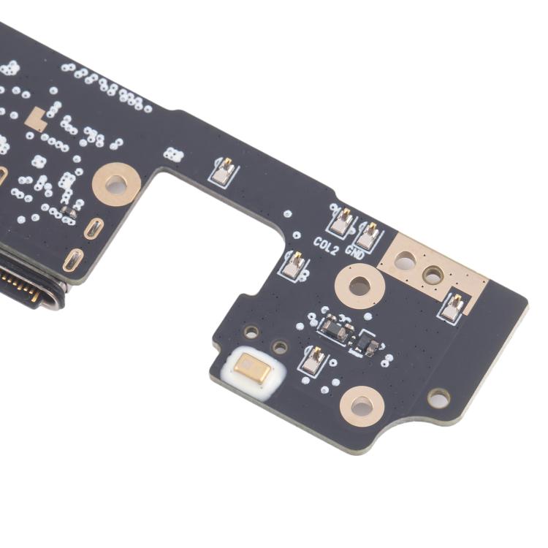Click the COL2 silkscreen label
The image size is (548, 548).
pyautogui.click(x=326, y=246)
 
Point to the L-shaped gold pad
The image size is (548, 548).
pyautogui.click(x=37, y=119)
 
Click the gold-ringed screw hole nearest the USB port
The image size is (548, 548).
pyautogui.click(x=116, y=184)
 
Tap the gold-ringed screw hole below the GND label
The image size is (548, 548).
pyautogui.click(x=359, y=286)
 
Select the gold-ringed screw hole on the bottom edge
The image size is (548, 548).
pyautogui.click(x=362, y=406)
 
